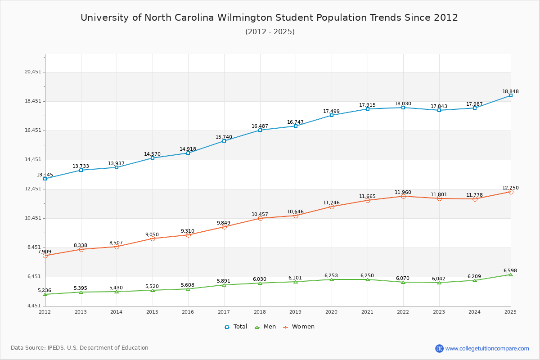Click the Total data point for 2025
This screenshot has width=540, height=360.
(x=511, y=95)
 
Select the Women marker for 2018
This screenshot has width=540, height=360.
(x=260, y=218)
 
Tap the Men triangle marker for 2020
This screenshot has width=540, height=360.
(x=332, y=279)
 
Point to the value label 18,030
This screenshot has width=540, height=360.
(x=403, y=103)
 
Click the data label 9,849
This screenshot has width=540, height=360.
(x=224, y=223)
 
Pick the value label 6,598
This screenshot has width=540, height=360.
(x=510, y=270)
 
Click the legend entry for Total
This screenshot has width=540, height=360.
(x=236, y=327)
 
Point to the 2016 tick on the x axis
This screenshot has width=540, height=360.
(x=188, y=312)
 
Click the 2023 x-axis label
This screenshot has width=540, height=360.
(x=439, y=312)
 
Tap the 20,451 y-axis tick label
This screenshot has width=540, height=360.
(x=33, y=72)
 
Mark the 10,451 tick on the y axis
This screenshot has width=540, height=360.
(x=33, y=218)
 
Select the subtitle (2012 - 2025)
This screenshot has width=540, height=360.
(x=270, y=31)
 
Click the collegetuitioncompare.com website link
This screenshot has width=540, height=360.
(x=487, y=348)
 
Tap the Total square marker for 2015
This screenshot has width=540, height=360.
(x=153, y=158)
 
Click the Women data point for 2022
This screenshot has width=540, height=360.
(x=403, y=196)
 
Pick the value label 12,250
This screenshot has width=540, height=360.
(x=510, y=188)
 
